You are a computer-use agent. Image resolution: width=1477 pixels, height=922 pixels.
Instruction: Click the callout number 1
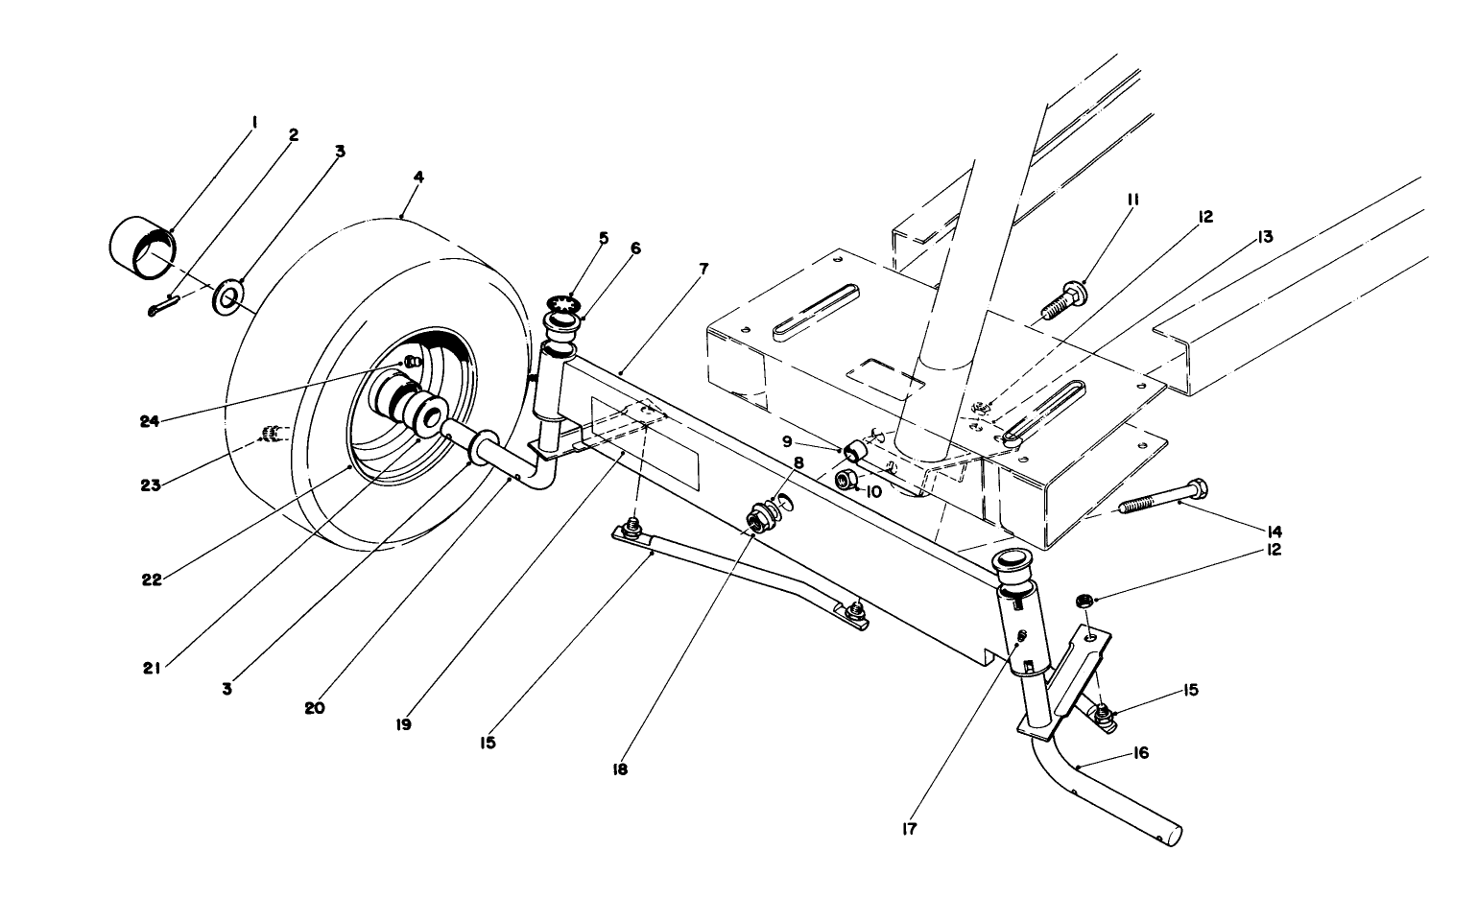tap(254, 122)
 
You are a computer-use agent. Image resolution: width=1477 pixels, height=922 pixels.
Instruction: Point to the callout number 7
tap(703, 269)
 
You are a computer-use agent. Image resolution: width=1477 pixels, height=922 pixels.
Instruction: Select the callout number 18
tap(620, 768)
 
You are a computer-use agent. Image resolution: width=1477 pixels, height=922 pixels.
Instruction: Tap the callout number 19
tap(403, 724)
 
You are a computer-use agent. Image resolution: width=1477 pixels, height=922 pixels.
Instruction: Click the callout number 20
tap(315, 708)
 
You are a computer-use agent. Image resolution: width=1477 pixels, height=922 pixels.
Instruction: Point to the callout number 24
tap(149, 420)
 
